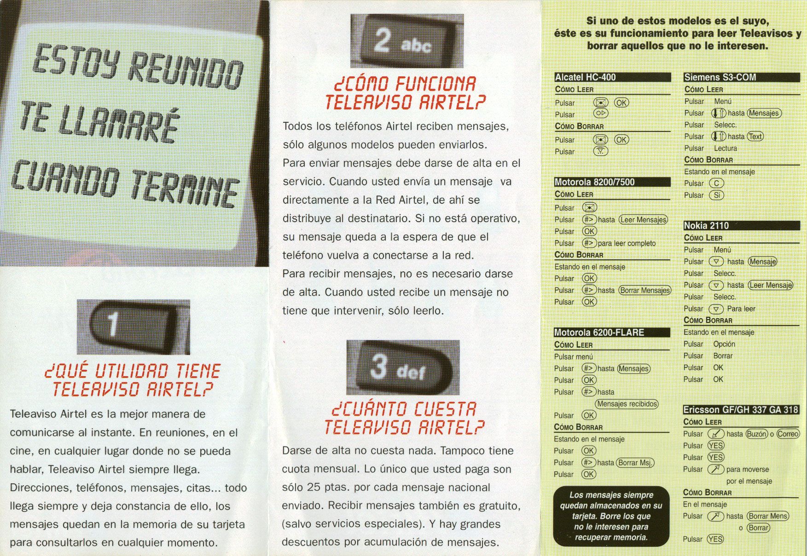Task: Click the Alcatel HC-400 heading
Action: coord(585,77)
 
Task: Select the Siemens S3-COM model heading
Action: coord(720,77)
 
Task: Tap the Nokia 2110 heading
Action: coord(706,225)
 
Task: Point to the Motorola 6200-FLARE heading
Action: coord(599,332)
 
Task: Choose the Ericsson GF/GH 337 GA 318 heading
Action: coord(741,410)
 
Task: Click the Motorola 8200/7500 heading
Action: coord(594,182)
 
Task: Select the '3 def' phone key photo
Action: coord(403,367)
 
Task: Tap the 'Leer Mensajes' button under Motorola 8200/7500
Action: coord(643,220)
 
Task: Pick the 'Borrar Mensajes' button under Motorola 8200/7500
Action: coord(645,290)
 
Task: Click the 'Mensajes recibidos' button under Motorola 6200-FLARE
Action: coord(627,404)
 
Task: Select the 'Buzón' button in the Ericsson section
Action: coord(757,434)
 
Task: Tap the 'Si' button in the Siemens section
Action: coord(716,195)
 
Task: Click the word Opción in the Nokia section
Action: coord(724,344)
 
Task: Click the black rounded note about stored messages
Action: coord(611,516)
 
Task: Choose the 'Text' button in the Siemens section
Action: coord(755,137)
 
